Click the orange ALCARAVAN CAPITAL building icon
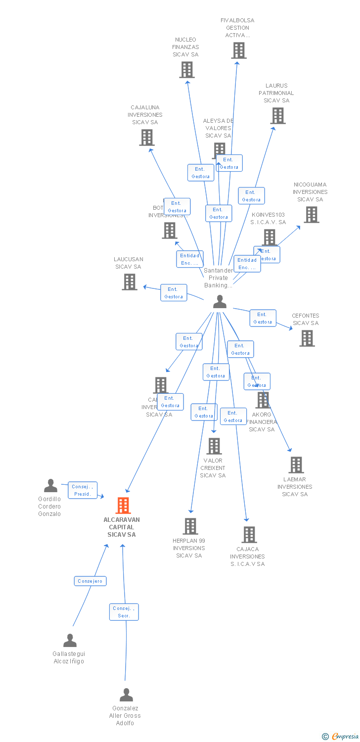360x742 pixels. coord(123,506)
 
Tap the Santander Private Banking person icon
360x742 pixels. coord(220,301)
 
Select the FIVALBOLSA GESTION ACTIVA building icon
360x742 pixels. coord(239,50)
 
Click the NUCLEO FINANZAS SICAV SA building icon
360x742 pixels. coord(186,70)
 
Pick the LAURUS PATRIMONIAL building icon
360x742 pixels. coord(278,116)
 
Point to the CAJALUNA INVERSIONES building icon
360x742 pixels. coord(147,138)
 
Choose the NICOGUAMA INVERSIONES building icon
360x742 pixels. coord(311,215)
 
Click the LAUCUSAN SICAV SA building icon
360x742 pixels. coord(130,282)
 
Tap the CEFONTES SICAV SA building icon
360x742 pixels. coord(307,338)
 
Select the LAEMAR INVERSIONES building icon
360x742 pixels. coord(296,465)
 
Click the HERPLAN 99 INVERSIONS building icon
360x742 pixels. coord(190,526)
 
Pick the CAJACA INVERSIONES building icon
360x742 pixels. coord(249,535)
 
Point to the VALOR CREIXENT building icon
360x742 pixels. coord(214,446)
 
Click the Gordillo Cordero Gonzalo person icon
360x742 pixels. coord(50,486)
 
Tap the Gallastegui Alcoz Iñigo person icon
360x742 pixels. coord(70,641)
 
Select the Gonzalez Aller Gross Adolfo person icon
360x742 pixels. coord(126,695)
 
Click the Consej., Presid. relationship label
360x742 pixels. coord(83,490)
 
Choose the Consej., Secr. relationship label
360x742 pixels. coord(124,612)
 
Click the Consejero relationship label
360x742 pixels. coord(90,581)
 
